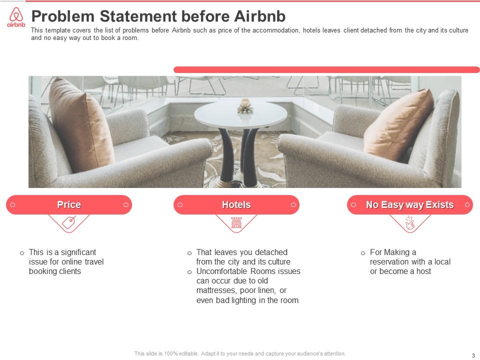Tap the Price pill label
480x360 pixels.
click(x=69, y=205)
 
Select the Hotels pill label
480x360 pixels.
click(x=236, y=205)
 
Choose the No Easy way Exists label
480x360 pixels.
click(x=409, y=205)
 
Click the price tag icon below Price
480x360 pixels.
click(x=69, y=222)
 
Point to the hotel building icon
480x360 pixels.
click(x=236, y=222)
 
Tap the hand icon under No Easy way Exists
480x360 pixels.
click(x=409, y=222)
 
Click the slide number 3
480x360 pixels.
click(x=473, y=355)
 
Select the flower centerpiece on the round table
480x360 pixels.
click(x=244, y=106)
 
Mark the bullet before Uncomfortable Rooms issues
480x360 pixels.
click(x=189, y=272)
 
